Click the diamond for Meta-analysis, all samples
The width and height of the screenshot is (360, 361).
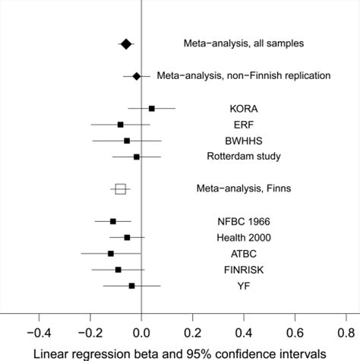coord(126,44)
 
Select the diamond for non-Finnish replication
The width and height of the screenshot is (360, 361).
coord(137,76)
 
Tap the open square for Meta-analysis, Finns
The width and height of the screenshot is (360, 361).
coord(120,188)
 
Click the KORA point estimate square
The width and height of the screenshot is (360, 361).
coord(152,109)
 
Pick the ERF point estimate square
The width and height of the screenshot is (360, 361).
coord(120,125)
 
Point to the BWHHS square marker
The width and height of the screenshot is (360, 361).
coord(127,141)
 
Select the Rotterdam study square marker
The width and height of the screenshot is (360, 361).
coord(137,157)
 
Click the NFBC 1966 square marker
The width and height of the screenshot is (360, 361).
coord(113,221)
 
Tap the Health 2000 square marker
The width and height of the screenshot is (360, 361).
coord(127,237)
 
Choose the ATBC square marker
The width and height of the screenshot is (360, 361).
coord(111,253)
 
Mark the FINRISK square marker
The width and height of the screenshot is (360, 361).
coord(118,269)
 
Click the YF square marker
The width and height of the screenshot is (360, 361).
coord(132,286)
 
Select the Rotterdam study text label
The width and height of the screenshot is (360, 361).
coord(244,157)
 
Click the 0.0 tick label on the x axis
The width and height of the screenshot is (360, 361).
coord(142,331)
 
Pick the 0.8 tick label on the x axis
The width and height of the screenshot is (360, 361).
coord(346,331)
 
